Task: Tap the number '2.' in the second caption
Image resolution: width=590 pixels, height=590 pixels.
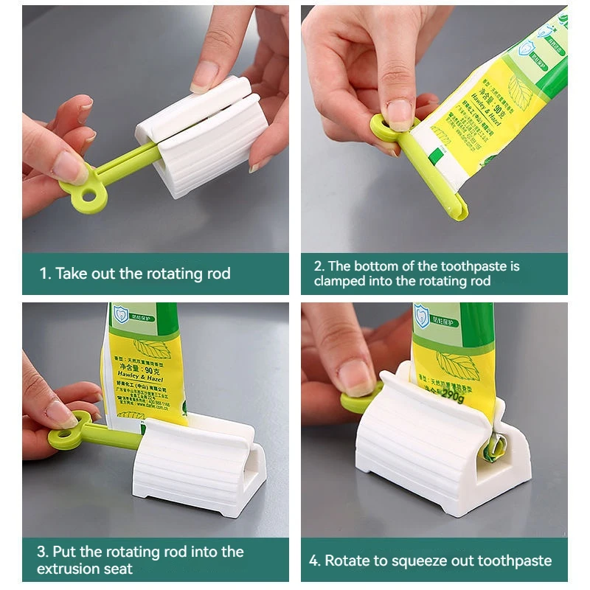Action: coord(319,266)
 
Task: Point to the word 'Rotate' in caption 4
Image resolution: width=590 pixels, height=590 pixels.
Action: coord(347,560)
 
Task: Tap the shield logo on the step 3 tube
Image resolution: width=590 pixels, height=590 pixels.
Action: coord(120,315)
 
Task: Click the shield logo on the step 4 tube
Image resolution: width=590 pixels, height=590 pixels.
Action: coord(422,316)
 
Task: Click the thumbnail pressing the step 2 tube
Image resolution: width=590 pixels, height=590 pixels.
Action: coord(399,114)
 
